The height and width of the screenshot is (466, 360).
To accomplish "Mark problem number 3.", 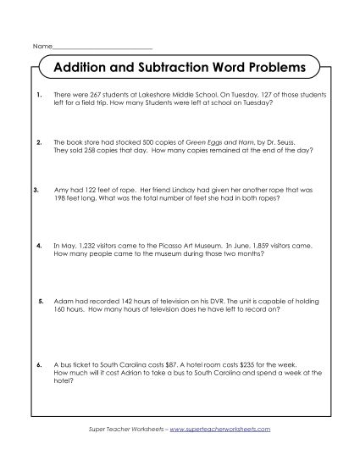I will [35, 190].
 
